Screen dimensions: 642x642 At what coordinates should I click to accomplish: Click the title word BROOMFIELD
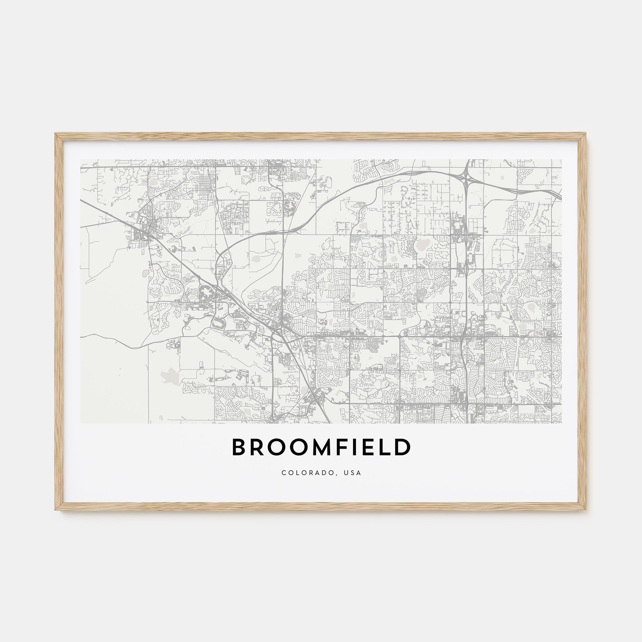click(x=321, y=447)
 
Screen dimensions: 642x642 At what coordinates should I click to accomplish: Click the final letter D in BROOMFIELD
click(x=403, y=447)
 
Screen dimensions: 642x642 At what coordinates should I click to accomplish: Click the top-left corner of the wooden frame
click(x=56, y=134)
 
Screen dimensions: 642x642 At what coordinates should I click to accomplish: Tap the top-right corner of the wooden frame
click(x=586, y=134)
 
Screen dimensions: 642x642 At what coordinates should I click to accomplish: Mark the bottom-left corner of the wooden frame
click(x=56, y=509)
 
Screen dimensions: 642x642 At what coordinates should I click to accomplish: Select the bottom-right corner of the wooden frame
click(x=586, y=509)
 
